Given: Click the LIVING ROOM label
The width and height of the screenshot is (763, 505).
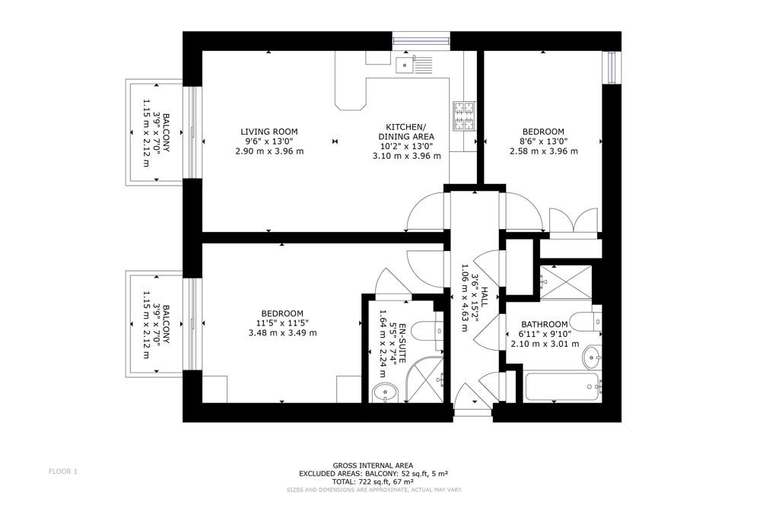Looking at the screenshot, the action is (x=269, y=132).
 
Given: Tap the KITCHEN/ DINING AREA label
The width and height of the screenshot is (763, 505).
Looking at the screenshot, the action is (x=406, y=132).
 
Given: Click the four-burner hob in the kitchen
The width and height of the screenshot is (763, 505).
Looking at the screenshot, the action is (x=464, y=116).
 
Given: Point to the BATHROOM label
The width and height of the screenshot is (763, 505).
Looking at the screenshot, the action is (x=545, y=325).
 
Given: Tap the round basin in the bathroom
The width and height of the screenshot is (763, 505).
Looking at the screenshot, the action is (x=592, y=357).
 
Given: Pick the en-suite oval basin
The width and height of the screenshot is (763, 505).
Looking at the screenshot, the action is (x=385, y=392).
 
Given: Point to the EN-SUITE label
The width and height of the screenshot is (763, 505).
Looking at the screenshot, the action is (x=403, y=344).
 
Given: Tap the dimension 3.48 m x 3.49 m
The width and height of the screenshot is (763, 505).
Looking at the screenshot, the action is (x=283, y=333).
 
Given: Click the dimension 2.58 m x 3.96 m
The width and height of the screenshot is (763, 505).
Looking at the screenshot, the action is (x=544, y=151).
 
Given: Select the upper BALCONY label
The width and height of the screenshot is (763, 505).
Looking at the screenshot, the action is (x=166, y=133).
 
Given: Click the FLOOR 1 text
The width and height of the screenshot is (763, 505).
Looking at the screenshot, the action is (x=63, y=471).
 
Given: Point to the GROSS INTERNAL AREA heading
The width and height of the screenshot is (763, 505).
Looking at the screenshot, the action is (x=373, y=465).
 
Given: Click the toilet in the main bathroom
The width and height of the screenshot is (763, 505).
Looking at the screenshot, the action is (x=587, y=322).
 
